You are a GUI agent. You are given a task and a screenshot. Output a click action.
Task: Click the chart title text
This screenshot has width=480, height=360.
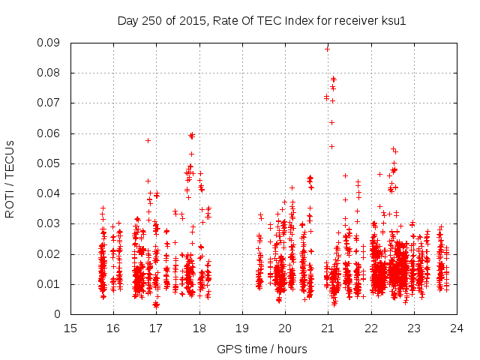tap(262, 21)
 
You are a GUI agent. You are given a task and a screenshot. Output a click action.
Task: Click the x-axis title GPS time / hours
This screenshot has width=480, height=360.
tap(262, 349)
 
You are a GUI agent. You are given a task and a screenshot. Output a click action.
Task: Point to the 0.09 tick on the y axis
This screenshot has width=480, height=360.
tap(49, 43)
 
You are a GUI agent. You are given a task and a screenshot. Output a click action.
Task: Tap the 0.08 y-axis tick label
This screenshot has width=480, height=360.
tap(49, 73)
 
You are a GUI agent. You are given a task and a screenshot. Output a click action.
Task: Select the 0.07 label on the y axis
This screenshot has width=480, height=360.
tap(49, 103)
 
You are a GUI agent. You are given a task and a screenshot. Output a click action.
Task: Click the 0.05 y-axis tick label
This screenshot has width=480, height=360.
tap(49, 163)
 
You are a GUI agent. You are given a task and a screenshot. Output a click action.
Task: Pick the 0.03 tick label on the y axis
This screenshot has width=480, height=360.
tap(49, 224)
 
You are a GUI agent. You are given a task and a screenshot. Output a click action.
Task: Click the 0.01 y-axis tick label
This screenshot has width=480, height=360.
tap(49, 284)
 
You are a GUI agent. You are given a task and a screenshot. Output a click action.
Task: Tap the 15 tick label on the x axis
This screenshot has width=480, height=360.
tap(70, 328)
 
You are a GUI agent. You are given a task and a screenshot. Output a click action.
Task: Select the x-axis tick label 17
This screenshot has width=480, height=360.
tap(156, 328)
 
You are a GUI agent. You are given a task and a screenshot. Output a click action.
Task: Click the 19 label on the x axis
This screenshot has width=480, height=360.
tap(241, 328)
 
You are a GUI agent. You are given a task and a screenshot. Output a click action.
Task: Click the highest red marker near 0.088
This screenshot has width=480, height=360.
tap(327, 49)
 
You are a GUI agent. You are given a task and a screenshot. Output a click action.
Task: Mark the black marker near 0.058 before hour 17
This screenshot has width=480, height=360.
tap(148, 140)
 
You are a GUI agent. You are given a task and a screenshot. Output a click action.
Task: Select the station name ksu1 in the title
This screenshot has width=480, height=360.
tap(393, 21)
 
